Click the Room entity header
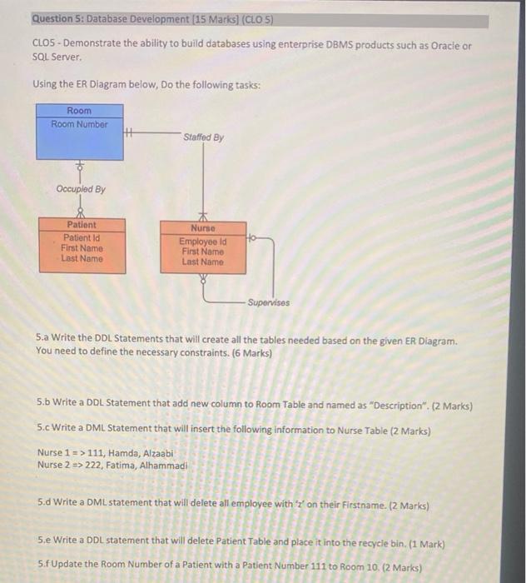[x=80, y=111]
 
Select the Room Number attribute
[x=80, y=125]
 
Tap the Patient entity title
[x=82, y=225]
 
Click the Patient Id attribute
[x=82, y=237]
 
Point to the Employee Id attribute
[x=202, y=241]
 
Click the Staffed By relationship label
[x=203, y=137]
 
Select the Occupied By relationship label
[x=81, y=189]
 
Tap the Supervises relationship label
[x=271, y=302]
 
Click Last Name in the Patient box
[x=82, y=259]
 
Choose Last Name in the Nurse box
[x=202, y=262]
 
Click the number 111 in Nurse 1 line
[x=98, y=452]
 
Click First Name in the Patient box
[x=82, y=247]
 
